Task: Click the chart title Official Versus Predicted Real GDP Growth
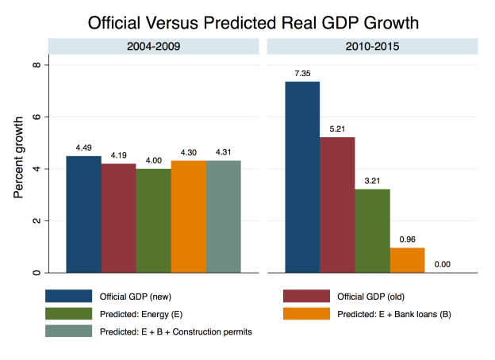[247, 18]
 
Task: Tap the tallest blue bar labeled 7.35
[303, 178]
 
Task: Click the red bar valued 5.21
[337, 205]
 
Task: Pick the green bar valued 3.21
[372, 231]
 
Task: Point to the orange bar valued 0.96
[407, 260]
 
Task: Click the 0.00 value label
[442, 264]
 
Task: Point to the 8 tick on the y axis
[36, 64]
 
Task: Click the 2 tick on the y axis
[36, 220]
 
